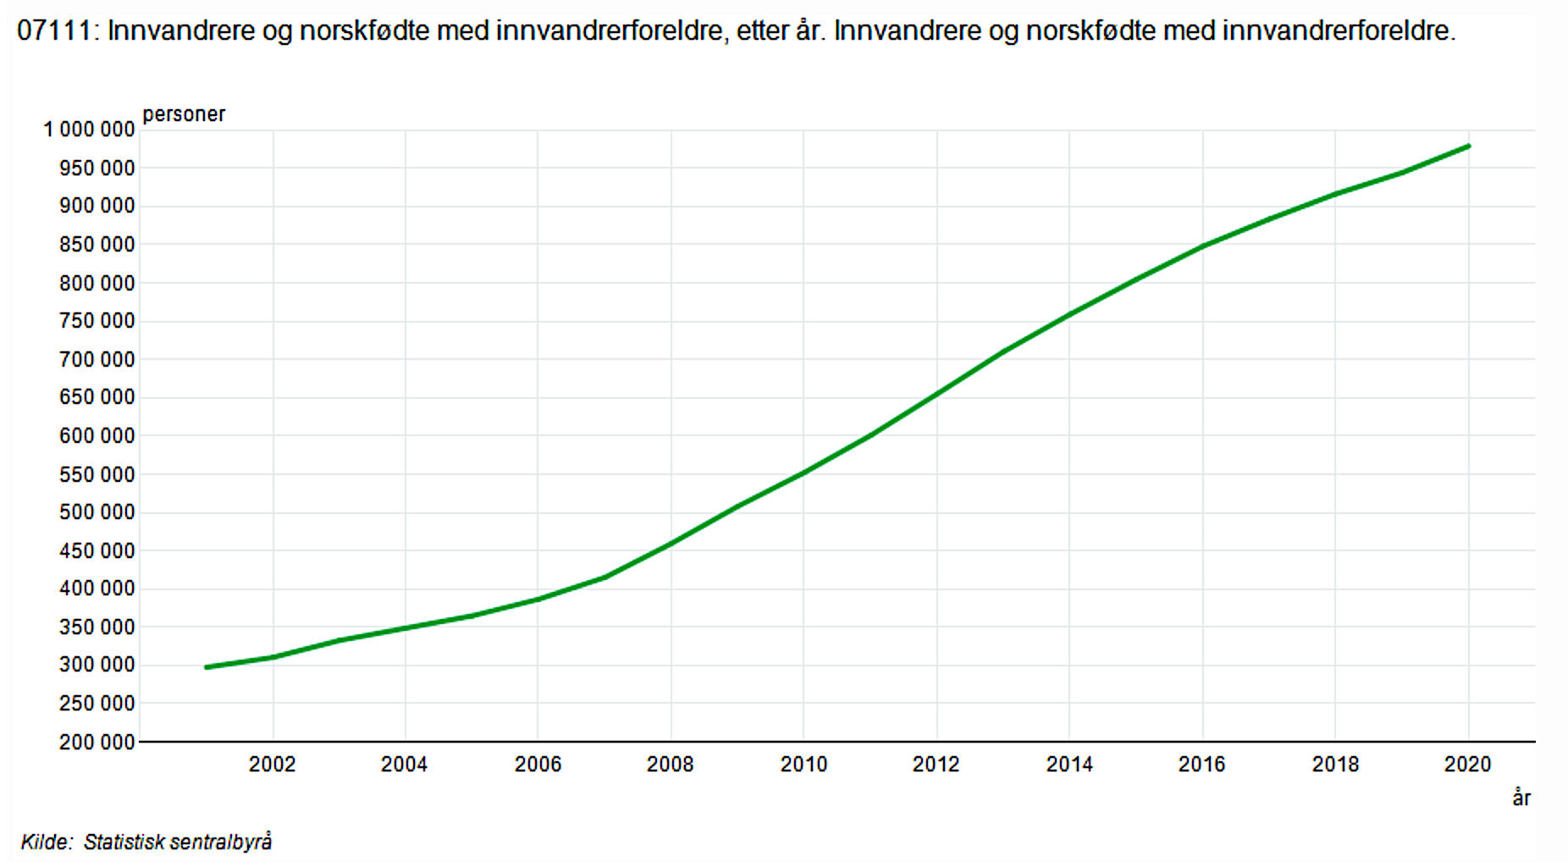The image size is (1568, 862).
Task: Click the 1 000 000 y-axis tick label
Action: pos(89,130)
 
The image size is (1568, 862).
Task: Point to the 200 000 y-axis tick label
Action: pos(97,743)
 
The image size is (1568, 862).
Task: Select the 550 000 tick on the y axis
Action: pos(97,475)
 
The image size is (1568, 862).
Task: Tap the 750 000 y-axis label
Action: pos(97,321)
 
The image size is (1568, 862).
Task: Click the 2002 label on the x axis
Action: pos(272,765)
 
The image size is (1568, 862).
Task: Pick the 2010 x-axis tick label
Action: pos(803,765)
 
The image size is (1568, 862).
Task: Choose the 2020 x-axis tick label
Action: pos(1467,765)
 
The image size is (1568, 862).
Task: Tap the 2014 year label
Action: pos(1069,765)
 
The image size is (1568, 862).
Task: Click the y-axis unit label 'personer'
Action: pos(184,114)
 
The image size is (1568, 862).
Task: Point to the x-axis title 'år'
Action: pos(1521,798)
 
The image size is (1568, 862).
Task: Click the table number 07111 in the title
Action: pos(53,31)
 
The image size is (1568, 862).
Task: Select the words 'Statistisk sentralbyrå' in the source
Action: pos(178,842)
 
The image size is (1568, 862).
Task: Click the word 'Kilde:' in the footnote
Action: pos(47,842)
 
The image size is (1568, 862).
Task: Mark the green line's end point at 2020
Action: pos(1468,146)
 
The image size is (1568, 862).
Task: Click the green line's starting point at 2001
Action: pos(207,667)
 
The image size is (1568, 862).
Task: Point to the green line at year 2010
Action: pos(803,472)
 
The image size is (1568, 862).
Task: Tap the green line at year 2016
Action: pos(1202,246)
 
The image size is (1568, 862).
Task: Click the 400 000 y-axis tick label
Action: pos(97,588)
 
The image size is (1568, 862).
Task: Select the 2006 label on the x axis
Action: pos(538,765)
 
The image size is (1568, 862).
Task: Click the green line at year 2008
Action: pos(671,543)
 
